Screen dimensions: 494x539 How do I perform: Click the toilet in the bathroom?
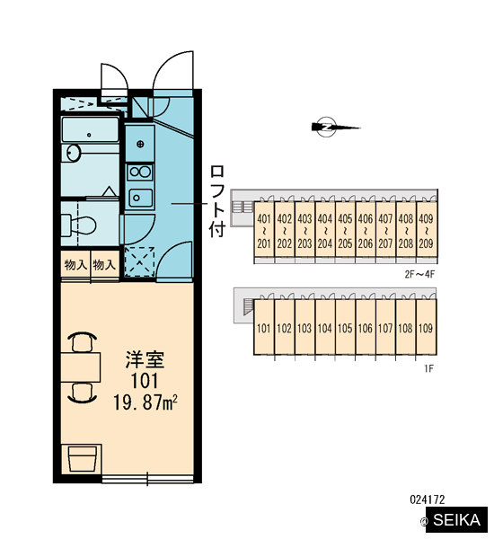pos(78,225)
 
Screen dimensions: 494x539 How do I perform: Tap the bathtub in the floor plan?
pos(90,129)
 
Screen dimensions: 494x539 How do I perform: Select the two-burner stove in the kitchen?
pos(140,172)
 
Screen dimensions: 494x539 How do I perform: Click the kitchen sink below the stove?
pos(141,198)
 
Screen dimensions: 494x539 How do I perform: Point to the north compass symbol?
pos(334,128)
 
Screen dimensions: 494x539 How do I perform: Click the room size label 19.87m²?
pos(146,402)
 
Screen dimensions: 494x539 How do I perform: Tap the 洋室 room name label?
pos(145,359)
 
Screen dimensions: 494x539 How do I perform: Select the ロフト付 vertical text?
pos(217,201)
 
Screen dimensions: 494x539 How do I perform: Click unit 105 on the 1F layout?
pos(345,327)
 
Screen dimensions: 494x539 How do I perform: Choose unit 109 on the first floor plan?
pos(426,327)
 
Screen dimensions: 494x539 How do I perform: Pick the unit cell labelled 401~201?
pos(264,229)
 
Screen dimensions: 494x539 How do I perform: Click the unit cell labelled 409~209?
pos(427,229)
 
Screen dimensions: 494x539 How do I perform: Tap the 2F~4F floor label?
pos(419,274)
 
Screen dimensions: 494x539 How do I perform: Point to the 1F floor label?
pos(428,369)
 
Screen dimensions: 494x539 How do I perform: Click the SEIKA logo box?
pos(457,519)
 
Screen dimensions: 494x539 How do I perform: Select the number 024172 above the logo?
pos(428,499)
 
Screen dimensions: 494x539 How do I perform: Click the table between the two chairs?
pos(81,367)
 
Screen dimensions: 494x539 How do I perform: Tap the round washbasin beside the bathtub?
pos(74,153)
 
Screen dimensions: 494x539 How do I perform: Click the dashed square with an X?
pos(139,261)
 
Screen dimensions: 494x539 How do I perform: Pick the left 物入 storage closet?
pos(75,265)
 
